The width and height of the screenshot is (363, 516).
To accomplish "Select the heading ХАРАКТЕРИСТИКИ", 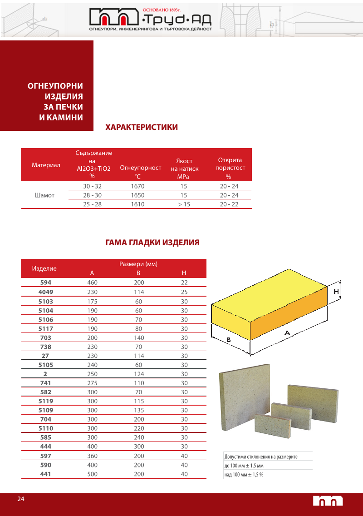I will pyautogui.click(x=142, y=127).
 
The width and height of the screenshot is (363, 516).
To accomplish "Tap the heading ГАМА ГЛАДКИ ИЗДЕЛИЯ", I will pyautogui.click(x=152, y=243).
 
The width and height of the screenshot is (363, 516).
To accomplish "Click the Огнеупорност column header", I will pyautogui.click(x=140, y=168).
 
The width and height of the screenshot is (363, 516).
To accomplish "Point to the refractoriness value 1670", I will pyautogui.click(x=137, y=186).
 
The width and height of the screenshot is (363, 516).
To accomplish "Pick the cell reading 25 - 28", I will pyautogui.click(x=93, y=204).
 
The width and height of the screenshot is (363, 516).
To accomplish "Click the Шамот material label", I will pyautogui.click(x=44, y=195).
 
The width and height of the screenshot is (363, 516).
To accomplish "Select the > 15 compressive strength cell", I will pyautogui.click(x=184, y=204).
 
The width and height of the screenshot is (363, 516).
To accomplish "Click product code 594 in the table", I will pyautogui.click(x=46, y=283).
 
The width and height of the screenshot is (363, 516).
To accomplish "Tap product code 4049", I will pyautogui.click(x=46, y=292).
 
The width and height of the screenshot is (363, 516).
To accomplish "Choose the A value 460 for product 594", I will pyautogui.click(x=93, y=283).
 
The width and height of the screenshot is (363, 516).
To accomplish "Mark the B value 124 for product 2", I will pyautogui.click(x=138, y=374).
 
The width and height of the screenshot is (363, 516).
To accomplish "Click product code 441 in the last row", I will pyautogui.click(x=46, y=474).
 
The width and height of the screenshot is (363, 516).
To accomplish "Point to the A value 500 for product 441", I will pyautogui.click(x=93, y=474).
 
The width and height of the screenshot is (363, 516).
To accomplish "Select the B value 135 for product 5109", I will pyautogui.click(x=138, y=410).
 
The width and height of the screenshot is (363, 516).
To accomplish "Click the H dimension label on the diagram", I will pyautogui.click(x=336, y=291).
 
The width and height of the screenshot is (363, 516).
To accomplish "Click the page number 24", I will pyautogui.click(x=21, y=499).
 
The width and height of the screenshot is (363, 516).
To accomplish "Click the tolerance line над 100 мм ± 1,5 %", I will pyautogui.click(x=244, y=475).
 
